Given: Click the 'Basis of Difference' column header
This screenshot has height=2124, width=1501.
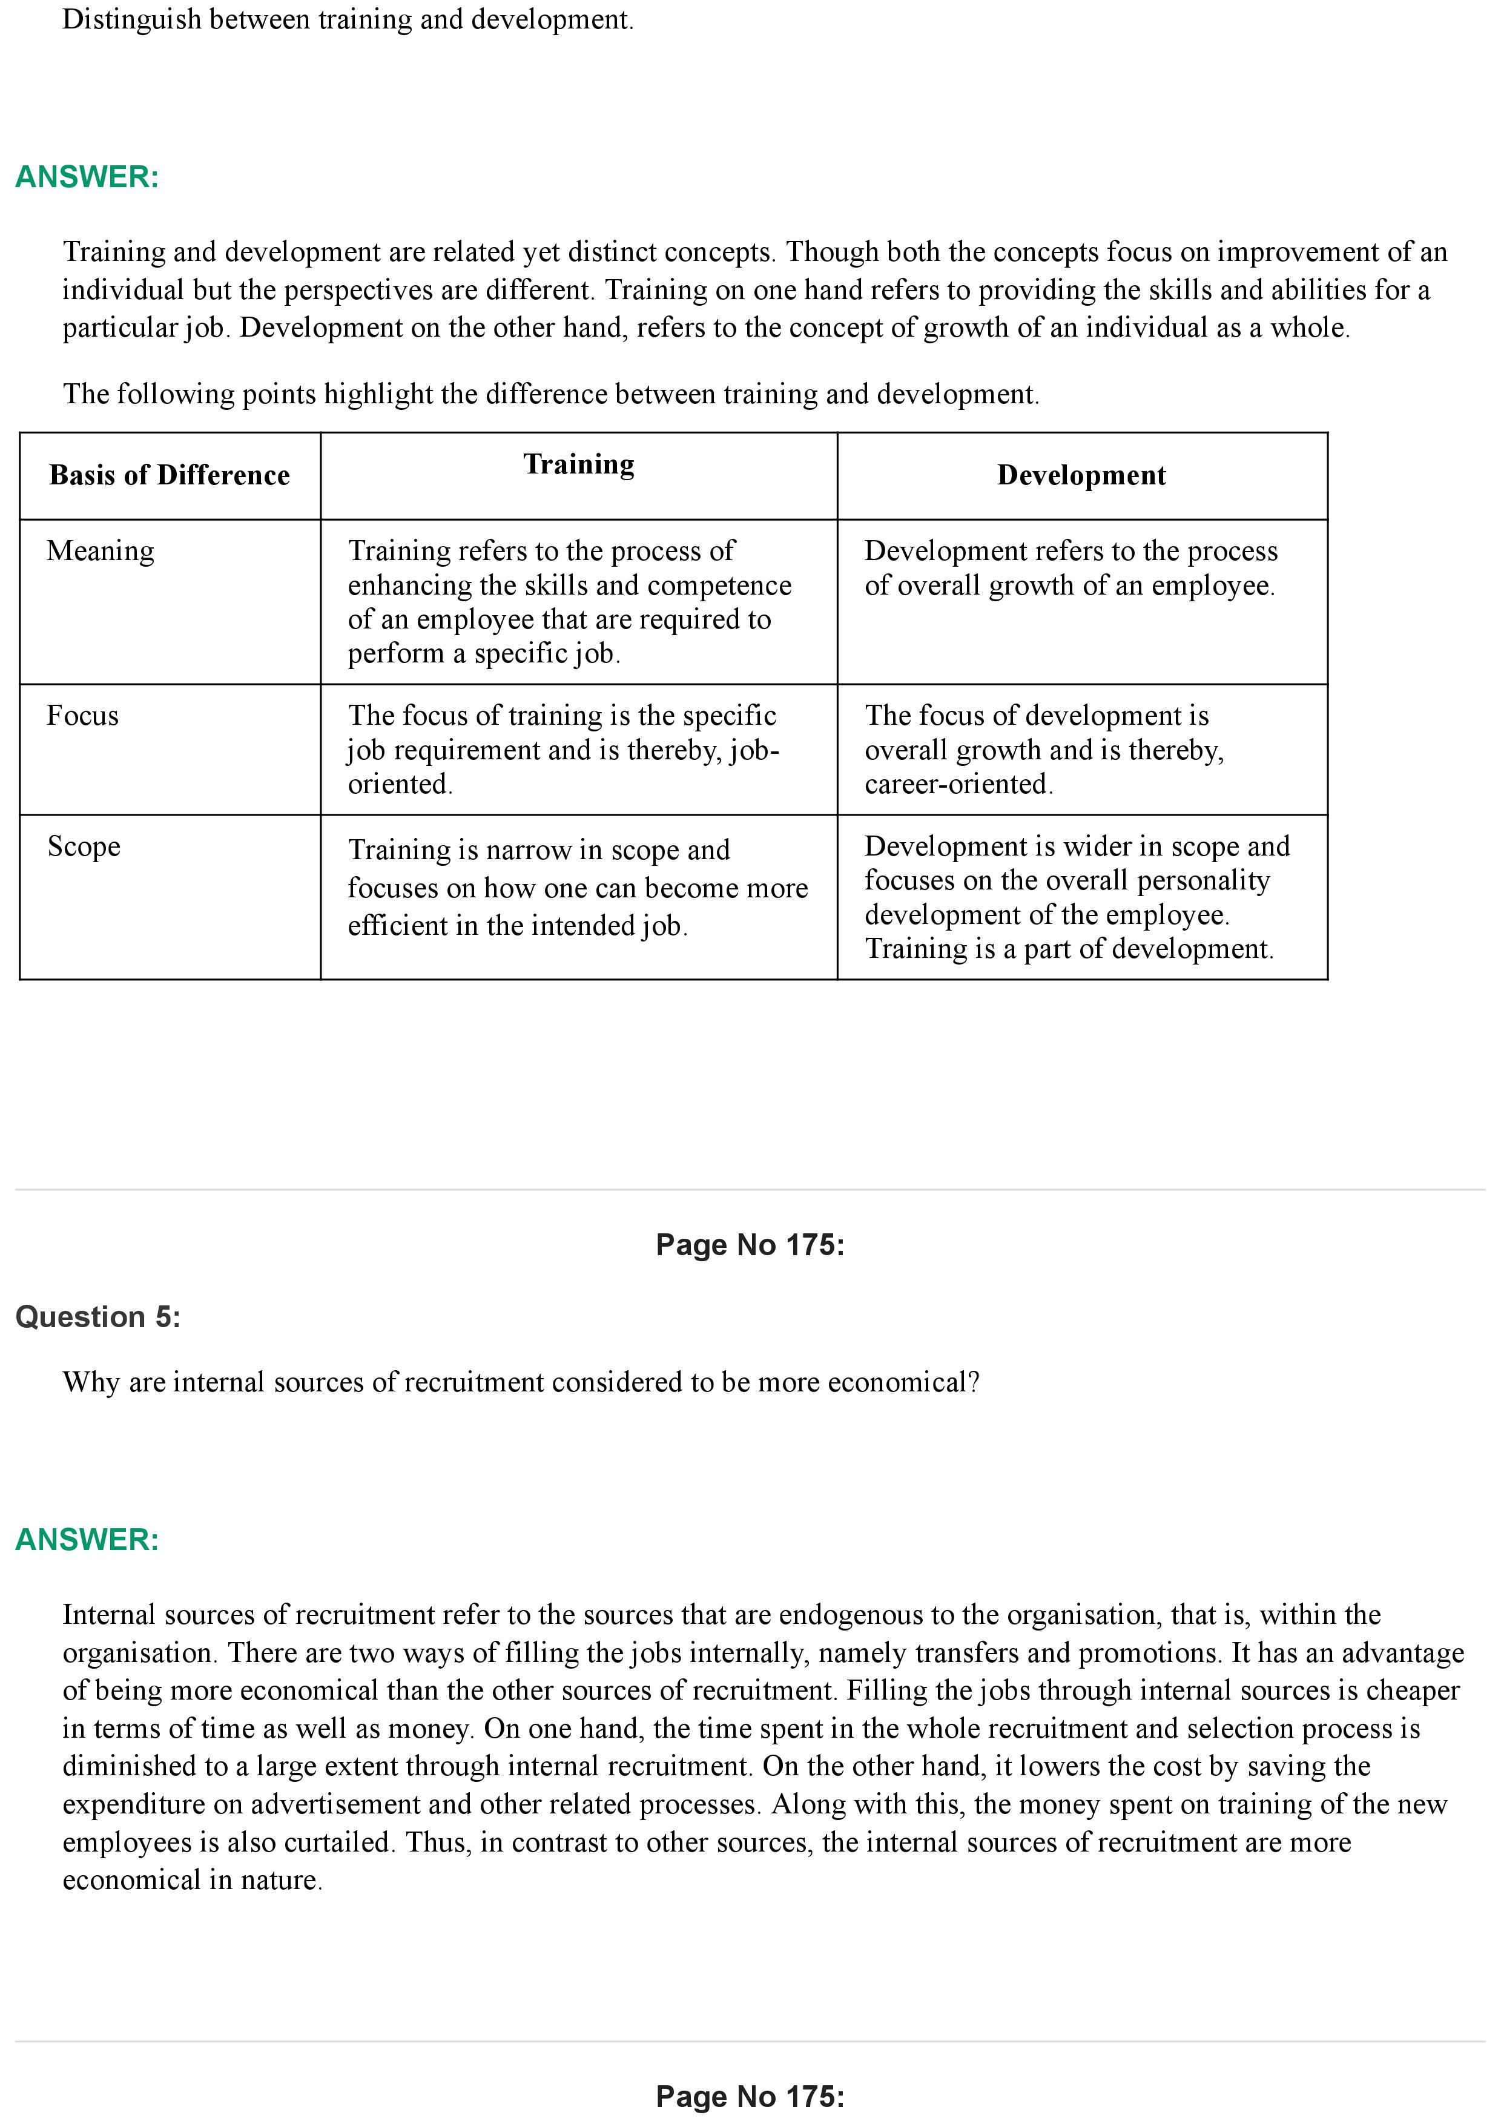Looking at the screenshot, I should pyautogui.click(x=170, y=475).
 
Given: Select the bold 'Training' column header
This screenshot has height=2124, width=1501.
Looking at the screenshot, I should pyautogui.click(x=579, y=464).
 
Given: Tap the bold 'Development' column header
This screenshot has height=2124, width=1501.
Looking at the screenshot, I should pyautogui.click(x=1081, y=475).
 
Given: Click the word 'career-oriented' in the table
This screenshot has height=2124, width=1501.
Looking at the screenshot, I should pyautogui.click(x=957, y=785).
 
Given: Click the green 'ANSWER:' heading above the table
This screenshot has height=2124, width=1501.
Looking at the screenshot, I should pyautogui.click(x=87, y=177).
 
